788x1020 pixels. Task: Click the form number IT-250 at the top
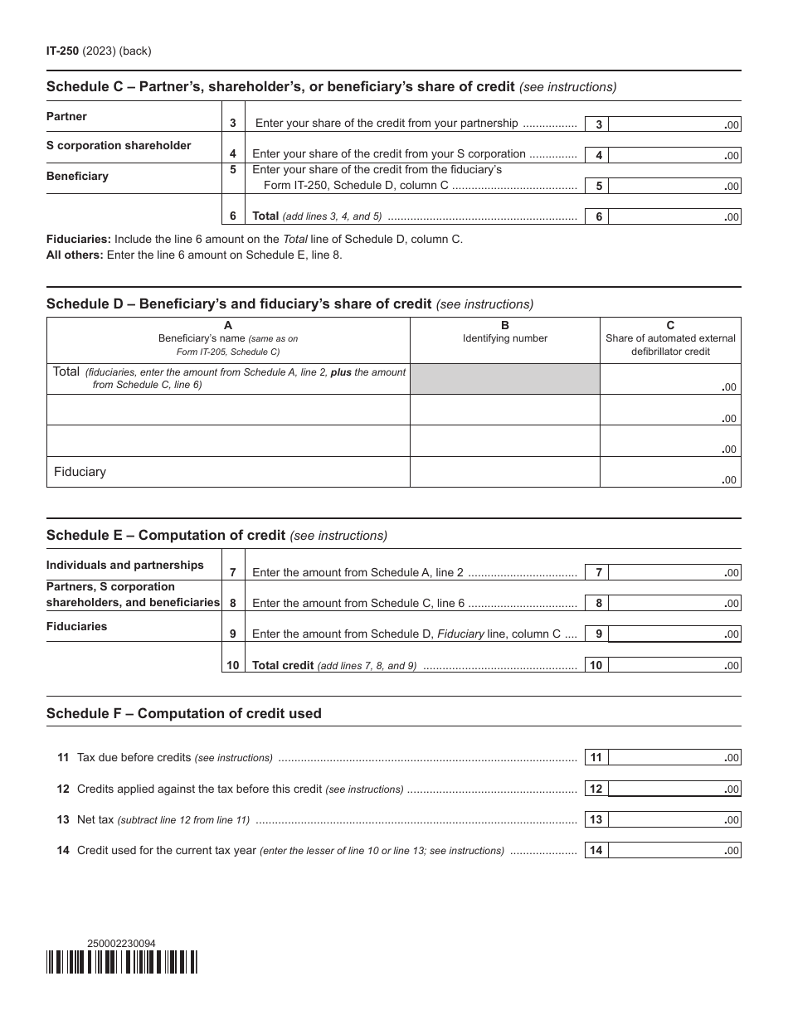coord(62,51)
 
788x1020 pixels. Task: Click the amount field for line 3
coord(674,124)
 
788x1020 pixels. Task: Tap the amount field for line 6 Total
coord(674,216)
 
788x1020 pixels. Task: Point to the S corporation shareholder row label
coord(119,146)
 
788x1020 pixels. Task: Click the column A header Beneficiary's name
coord(228,338)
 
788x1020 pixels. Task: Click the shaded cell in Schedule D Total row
coord(504,379)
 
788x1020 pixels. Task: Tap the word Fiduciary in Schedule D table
coord(80,472)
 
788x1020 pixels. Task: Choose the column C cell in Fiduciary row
coord(669,472)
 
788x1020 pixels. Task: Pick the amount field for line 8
coord(674,603)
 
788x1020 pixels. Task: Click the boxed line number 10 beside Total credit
coord(596,665)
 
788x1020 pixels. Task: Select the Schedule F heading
coord(184,713)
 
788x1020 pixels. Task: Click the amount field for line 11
coord(674,757)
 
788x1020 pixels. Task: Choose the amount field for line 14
coord(674,850)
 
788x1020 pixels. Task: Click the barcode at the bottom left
coord(122,962)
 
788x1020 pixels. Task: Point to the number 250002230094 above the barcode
coord(121,943)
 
